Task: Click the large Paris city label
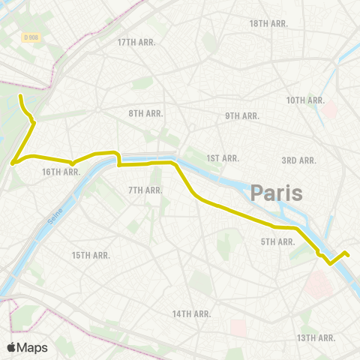[x=277, y=193]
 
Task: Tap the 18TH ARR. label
[x=268, y=24]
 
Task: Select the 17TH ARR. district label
[x=136, y=42]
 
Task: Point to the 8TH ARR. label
[x=146, y=113]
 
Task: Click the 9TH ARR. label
[x=241, y=115]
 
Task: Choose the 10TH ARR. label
[x=305, y=100]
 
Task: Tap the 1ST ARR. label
[x=223, y=158]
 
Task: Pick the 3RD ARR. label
[x=298, y=160]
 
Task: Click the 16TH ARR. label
[x=61, y=172]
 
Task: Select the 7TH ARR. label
[x=145, y=190]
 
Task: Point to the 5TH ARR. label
[x=277, y=241]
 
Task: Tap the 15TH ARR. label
[x=91, y=255]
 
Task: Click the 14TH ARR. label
[x=192, y=313]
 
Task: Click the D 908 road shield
[x=31, y=37]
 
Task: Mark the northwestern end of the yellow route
[x=20, y=97]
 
